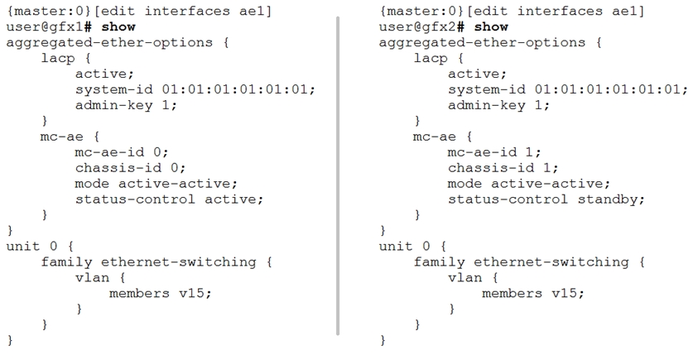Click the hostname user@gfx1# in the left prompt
(49, 27)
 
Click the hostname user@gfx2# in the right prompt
(421, 27)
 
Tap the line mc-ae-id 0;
(122, 152)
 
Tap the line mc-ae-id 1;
(494, 152)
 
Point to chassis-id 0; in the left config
(130, 168)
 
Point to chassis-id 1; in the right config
(503, 168)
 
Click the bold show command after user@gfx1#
(118, 27)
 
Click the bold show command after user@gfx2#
(491, 27)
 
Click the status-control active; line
(169, 199)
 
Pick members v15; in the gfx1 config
(161, 293)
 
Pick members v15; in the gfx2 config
(533, 293)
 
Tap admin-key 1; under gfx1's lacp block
(126, 106)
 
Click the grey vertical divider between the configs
(338, 175)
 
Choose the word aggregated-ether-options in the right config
(482, 43)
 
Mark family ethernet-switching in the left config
(148, 262)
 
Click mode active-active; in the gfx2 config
(528, 184)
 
